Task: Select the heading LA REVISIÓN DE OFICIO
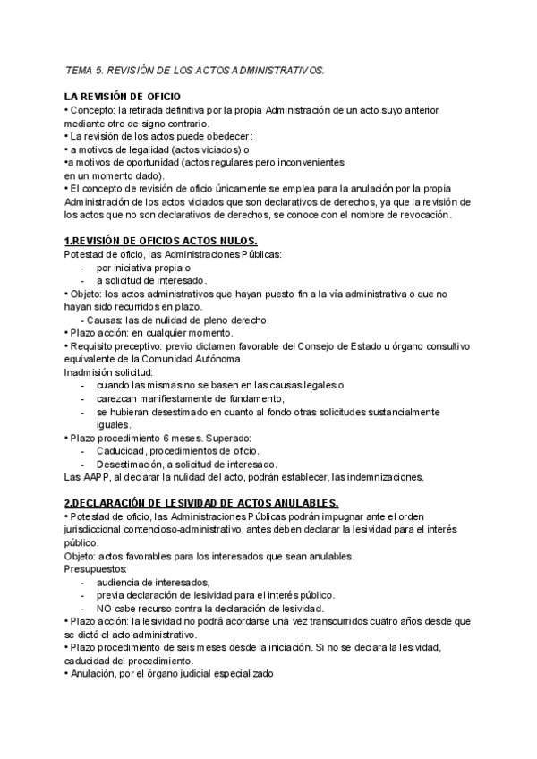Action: pyautogui.click(x=123, y=96)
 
